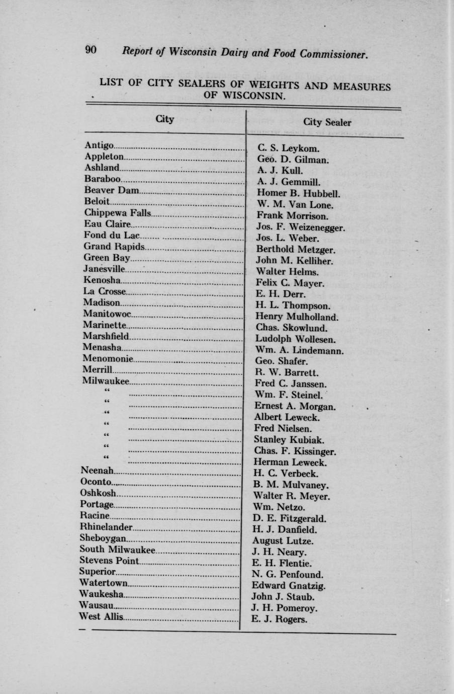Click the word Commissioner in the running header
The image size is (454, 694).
click(x=334, y=54)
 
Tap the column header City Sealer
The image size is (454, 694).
click(x=327, y=122)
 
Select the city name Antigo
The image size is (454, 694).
click(x=99, y=145)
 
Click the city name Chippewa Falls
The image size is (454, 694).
click(x=117, y=213)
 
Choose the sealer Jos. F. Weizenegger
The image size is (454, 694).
click(x=300, y=227)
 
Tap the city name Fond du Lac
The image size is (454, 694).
click(x=111, y=235)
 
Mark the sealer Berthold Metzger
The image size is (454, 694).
click(x=295, y=250)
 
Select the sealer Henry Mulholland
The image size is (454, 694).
click(x=297, y=317)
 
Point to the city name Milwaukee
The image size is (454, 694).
click(x=106, y=381)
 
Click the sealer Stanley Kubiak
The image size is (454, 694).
click(x=288, y=440)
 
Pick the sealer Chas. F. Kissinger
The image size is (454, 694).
click(x=295, y=451)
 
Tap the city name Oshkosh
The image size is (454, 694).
click(x=98, y=493)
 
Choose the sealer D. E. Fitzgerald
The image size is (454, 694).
click(x=290, y=518)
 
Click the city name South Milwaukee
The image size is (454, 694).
click(x=117, y=550)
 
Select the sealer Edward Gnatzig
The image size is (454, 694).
click(x=289, y=586)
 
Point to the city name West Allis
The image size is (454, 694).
click(x=101, y=616)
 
